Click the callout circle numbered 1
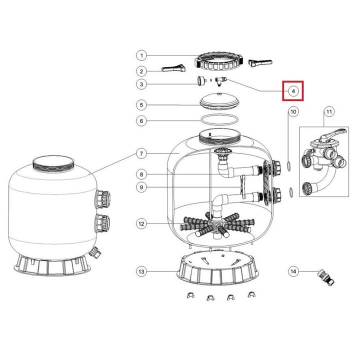[141, 55]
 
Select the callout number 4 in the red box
[293, 91]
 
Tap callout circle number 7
[141, 153]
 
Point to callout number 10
[293, 112]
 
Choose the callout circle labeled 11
[329, 112]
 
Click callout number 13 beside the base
[141, 271]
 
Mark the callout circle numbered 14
[293, 271]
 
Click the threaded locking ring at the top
[218, 62]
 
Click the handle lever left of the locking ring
[173, 68]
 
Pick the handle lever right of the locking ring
[260, 63]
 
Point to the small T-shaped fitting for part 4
[220, 81]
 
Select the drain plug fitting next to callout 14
[326, 277]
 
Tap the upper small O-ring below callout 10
[289, 166]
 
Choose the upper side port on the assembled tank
[103, 199]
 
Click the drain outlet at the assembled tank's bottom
[95, 252]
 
